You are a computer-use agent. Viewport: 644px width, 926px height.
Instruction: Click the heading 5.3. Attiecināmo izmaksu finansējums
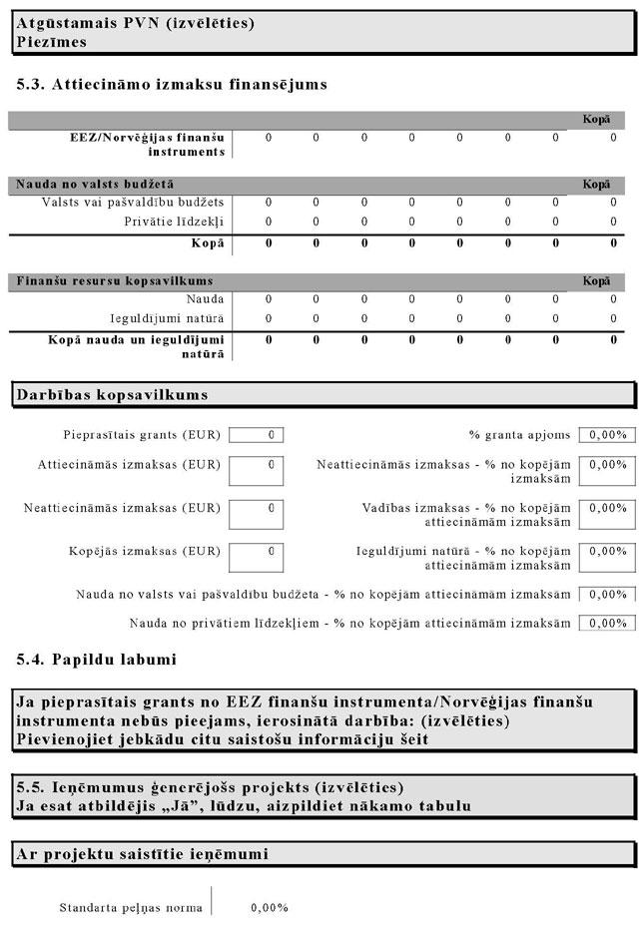click(172, 85)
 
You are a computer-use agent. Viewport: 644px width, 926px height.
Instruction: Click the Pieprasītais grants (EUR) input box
click(257, 435)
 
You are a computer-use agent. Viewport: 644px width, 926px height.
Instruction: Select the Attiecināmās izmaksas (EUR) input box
click(257, 470)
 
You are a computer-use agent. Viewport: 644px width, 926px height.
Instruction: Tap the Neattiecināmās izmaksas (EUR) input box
click(257, 514)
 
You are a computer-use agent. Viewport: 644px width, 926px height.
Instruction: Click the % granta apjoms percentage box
click(607, 435)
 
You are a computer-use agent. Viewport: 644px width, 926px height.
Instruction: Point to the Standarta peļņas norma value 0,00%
click(270, 908)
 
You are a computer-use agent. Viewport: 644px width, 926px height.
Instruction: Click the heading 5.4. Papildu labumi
click(96, 660)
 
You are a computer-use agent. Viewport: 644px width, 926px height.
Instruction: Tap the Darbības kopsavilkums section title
click(113, 395)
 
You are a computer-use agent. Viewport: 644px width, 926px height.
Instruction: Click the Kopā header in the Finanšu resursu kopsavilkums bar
click(596, 281)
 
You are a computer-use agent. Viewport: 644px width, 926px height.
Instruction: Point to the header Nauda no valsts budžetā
click(96, 185)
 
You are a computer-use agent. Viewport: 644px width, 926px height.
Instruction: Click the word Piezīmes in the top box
click(52, 42)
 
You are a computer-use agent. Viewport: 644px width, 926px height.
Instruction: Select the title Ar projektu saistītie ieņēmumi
click(142, 854)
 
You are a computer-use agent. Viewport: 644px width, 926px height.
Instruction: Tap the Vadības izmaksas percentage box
click(607, 514)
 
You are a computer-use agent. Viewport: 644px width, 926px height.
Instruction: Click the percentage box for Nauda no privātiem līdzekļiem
click(607, 623)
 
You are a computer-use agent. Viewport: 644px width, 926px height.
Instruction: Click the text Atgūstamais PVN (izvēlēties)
click(135, 23)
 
